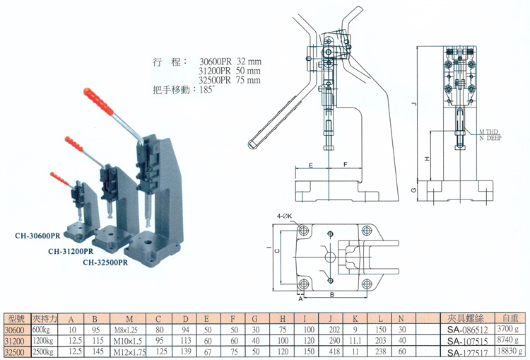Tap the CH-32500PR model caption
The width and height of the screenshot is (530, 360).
point(105,262)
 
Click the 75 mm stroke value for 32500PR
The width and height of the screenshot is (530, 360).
point(247,81)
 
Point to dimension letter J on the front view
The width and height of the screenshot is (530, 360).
point(417,105)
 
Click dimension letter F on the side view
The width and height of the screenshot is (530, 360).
point(344,164)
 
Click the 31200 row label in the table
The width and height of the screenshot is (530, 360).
point(13,341)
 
